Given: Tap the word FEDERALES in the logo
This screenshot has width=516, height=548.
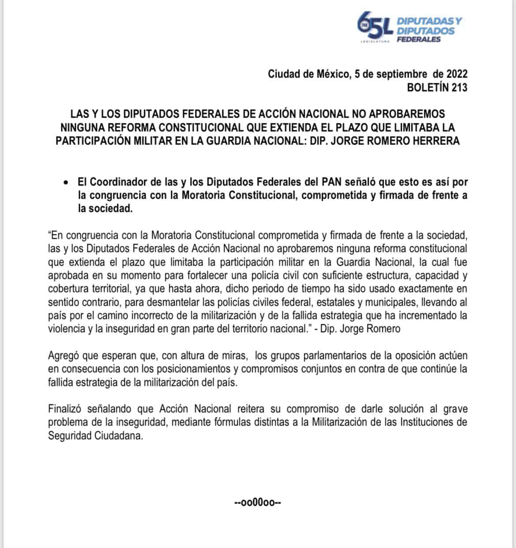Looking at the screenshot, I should (419, 40).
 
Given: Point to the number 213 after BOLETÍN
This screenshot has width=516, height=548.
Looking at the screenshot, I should (459, 87).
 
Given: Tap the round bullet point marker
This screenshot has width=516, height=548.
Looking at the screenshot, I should (66, 182).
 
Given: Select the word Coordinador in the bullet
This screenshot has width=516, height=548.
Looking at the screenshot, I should (116, 182).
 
